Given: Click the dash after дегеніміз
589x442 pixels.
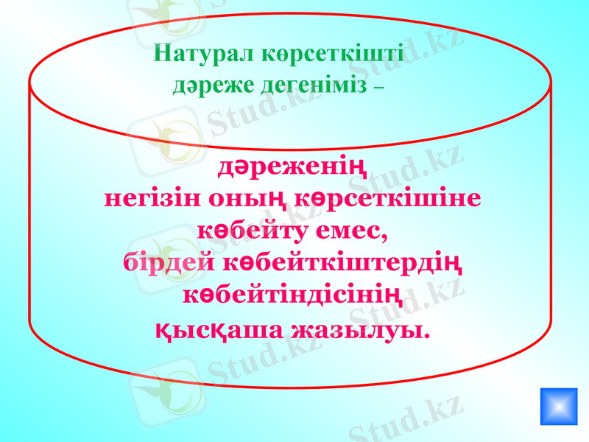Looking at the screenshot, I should [378, 88].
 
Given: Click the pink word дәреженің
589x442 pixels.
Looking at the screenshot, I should [294, 166].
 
